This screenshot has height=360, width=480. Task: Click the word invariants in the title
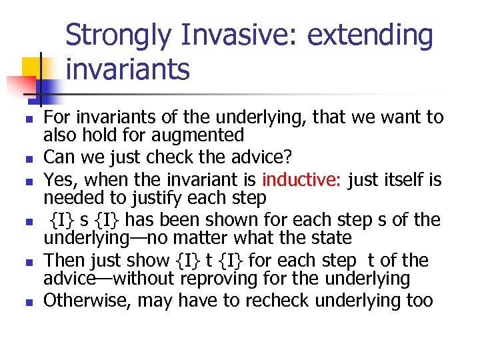pos(127,69)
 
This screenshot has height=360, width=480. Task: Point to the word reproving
pos(253,279)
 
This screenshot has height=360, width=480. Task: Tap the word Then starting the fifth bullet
pos(62,261)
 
